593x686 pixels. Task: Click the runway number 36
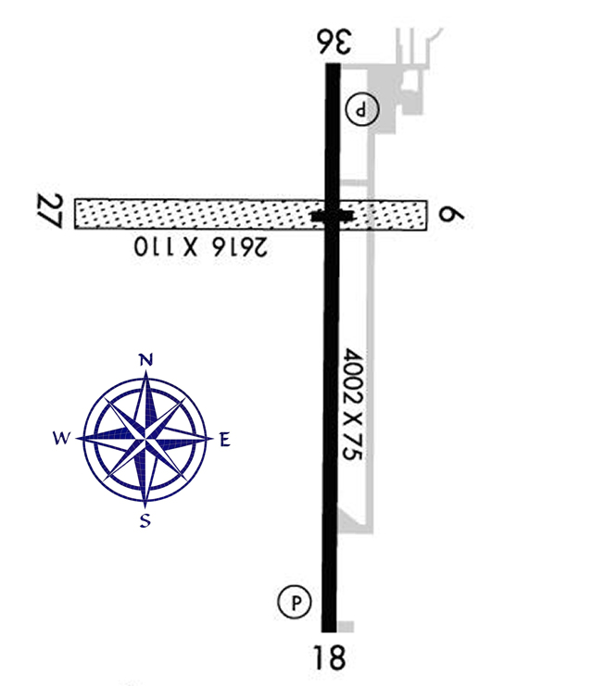tap(334, 42)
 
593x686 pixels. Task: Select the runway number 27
tap(50, 212)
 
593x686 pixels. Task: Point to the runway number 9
tap(452, 216)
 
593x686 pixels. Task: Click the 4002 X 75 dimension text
tap(353, 405)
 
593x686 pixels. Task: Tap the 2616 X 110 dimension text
tap(200, 247)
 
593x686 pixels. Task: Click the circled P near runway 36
tap(362, 109)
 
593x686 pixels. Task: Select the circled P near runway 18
tap(295, 602)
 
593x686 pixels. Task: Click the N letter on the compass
tap(145, 360)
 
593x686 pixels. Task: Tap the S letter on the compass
tap(145, 520)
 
